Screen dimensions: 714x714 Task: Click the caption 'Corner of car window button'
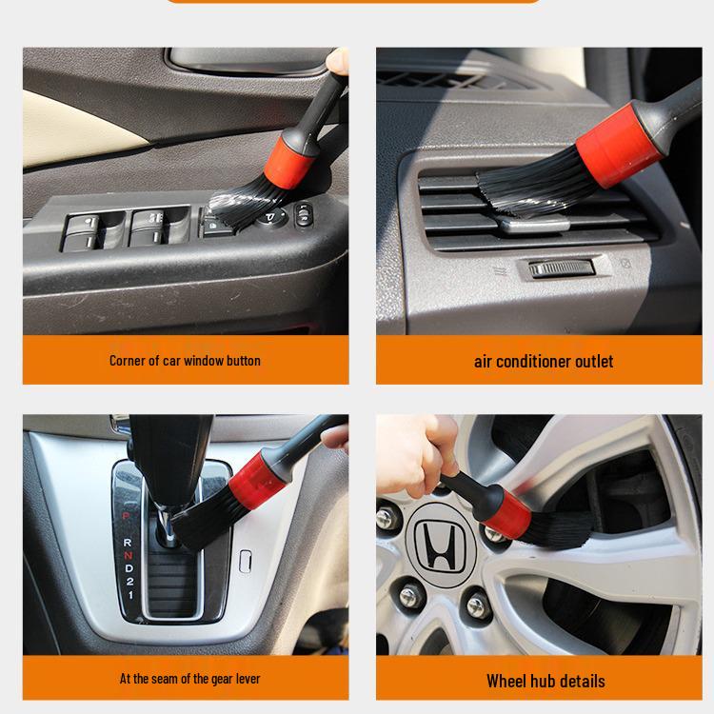[x=185, y=361]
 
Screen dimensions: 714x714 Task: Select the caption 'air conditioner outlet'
[x=543, y=362]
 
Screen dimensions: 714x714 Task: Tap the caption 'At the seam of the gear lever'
[x=189, y=679]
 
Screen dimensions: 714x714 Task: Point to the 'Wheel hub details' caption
[x=545, y=681]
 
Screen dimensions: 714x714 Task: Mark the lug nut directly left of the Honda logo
[x=387, y=520]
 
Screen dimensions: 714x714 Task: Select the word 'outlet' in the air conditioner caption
[x=592, y=362]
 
